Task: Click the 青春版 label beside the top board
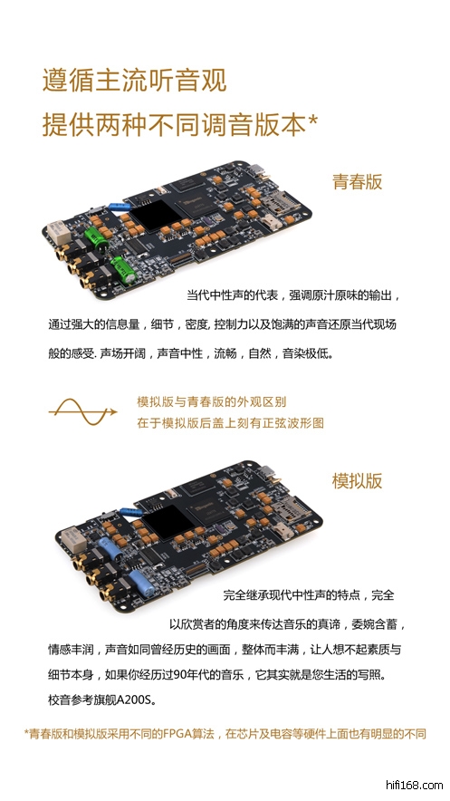click(x=357, y=181)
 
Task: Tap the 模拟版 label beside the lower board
click(x=357, y=480)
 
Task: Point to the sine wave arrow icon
click(x=82, y=411)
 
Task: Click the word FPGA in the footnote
click(x=176, y=734)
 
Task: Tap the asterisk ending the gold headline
click(x=312, y=121)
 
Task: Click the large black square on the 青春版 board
click(x=149, y=214)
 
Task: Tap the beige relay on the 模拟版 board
click(x=72, y=539)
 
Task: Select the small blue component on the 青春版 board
click(x=120, y=207)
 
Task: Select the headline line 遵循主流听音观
click(x=134, y=81)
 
